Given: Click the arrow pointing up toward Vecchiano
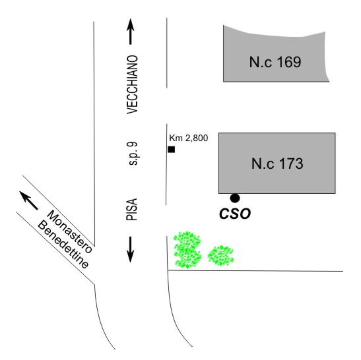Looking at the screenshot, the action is tap(130, 32).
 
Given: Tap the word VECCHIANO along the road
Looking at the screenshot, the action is tap(133, 84).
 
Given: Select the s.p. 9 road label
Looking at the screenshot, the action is tap(133, 154).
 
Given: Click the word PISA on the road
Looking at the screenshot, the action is tap(132, 209).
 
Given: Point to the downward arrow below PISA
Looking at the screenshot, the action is tap(130, 249).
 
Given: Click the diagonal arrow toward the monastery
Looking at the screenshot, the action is tap(29, 200).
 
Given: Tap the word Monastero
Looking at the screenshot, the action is tap(69, 231).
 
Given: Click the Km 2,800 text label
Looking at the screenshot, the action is tap(189, 138).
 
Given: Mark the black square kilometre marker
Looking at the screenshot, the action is tap(172, 149).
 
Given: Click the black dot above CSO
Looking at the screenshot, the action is tap(235, 198).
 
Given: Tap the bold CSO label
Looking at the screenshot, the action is tap(235, 214).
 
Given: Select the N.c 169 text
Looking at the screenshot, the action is tap(275, 62).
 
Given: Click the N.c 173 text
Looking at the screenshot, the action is tap(277, 164).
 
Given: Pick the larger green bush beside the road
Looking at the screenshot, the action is tap(187, 249).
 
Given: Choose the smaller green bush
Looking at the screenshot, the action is tap(220, 256).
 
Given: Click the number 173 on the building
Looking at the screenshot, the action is tap(292, 164).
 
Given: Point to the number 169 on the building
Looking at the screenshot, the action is tap(289, 62).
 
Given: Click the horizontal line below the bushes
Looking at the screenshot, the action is tap(255, 271).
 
